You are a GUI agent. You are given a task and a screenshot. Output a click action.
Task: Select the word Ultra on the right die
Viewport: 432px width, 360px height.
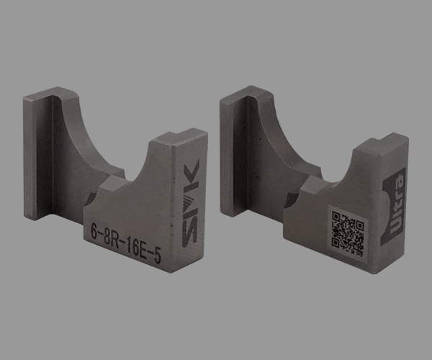[x=397, y=204]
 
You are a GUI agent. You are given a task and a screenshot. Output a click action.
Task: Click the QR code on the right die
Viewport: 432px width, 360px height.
[x=348, y=233]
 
